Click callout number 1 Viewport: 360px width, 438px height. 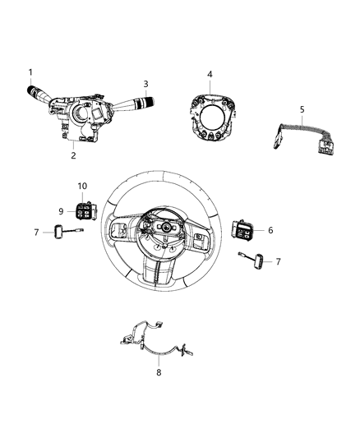30,72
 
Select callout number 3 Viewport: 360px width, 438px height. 145,83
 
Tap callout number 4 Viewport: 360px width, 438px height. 210,75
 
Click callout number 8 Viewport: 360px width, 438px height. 159,372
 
